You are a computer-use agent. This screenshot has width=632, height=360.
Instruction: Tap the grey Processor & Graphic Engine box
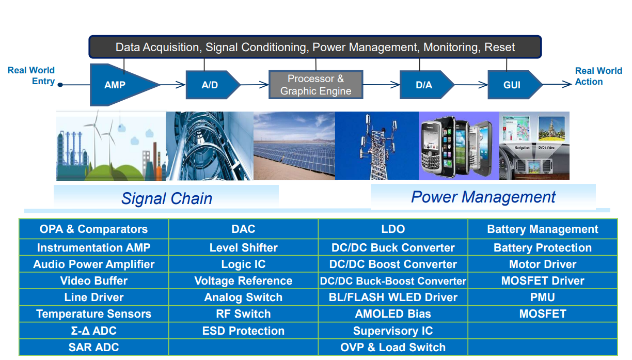(315, 85)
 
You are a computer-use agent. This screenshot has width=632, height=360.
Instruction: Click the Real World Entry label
(31, 75)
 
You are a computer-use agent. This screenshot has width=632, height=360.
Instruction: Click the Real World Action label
(598, 76)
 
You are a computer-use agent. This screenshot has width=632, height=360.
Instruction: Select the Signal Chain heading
(166, 198)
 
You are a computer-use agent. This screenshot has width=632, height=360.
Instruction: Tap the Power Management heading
(483, 197)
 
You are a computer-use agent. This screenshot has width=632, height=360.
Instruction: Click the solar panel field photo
(294, 146)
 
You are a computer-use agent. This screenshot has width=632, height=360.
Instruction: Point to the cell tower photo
(376, 146)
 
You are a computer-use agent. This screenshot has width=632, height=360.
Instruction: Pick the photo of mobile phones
(459, 146)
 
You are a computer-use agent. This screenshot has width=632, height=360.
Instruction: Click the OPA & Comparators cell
(93, 229)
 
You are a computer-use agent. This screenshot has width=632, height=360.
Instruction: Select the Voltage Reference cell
(243, 281)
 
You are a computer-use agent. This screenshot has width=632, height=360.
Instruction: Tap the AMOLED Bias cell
(393, 314)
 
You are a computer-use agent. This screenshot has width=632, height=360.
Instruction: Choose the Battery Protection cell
(543, 248)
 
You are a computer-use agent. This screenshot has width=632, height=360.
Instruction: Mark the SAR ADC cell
(93, 348)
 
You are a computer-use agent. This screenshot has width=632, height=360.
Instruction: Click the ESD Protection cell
(243, 331)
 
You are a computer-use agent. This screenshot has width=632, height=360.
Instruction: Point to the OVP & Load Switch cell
(393, 348)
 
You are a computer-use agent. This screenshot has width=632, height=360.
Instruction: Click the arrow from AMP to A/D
(173, 85)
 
